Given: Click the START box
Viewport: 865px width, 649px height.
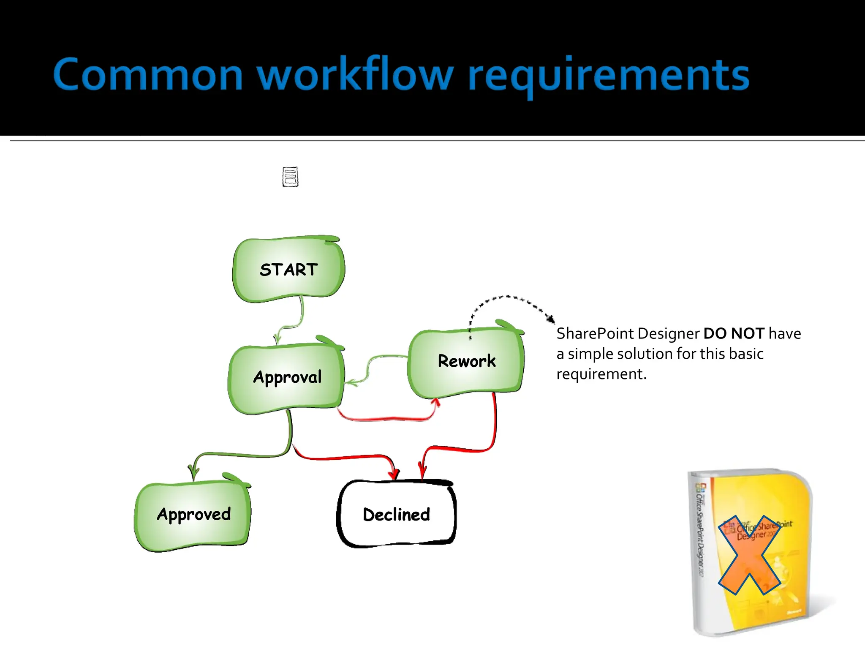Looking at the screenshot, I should (x=288, y=270).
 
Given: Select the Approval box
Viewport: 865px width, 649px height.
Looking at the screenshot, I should (x=286, y=377).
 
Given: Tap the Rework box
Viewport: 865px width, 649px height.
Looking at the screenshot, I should (x=466, y=362).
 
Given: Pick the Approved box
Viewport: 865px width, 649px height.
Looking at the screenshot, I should (x=193, y=514).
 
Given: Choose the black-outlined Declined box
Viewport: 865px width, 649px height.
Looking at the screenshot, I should (x=396, y=514).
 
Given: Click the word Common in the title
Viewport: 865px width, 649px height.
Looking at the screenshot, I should (x=148, y=75).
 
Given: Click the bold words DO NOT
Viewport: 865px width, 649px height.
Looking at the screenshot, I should (x=734, y=333).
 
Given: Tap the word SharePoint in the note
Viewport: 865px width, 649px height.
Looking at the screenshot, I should (x=596, y=334).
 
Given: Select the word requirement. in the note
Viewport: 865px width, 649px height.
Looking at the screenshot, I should (x=601, y=374).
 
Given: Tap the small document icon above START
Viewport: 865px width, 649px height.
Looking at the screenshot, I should (x=290, y=177).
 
